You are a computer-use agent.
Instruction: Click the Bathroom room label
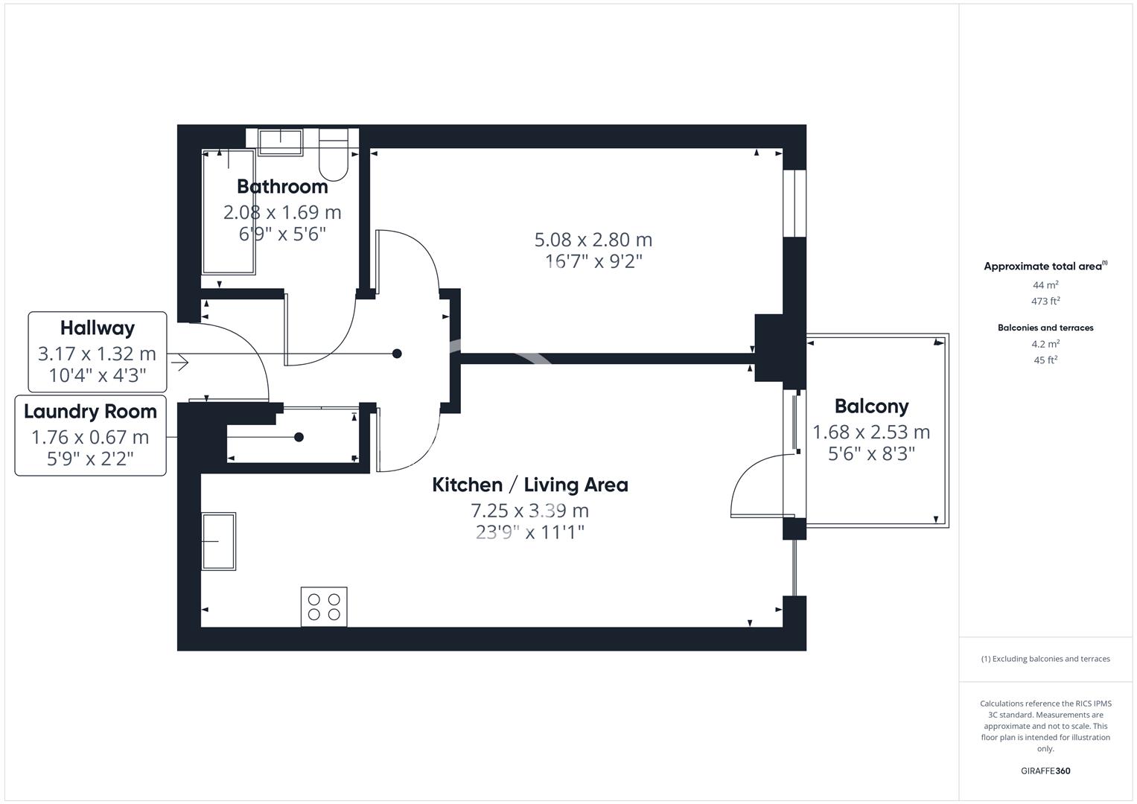[282, 186]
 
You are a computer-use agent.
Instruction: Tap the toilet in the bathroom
[333, 156]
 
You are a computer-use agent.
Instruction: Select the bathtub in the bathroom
[229, 211]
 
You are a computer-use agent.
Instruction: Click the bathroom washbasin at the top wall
[281, 141]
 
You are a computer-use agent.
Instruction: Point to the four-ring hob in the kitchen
[324, 607]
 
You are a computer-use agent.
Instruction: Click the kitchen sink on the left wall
[218, 541]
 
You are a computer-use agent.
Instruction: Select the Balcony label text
[871, 406]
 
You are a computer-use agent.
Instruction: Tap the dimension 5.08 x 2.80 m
[593, 240]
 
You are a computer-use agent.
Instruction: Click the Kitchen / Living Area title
[530, 485]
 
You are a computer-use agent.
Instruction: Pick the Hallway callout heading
[98, 328]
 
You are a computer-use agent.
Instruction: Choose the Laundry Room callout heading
[90, 412]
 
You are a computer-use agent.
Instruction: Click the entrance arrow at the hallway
[179, 363]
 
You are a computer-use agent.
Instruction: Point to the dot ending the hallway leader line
[397, 354]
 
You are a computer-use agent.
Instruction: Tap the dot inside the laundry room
[299, 437]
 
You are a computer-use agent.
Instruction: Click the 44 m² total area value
[1045, 285]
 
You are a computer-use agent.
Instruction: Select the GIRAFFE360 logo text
[1045, 771]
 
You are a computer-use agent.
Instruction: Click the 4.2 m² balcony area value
[1045, 344]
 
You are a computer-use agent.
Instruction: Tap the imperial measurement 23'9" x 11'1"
[530, 533]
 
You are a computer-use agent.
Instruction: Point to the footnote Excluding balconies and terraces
[1045, 659]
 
